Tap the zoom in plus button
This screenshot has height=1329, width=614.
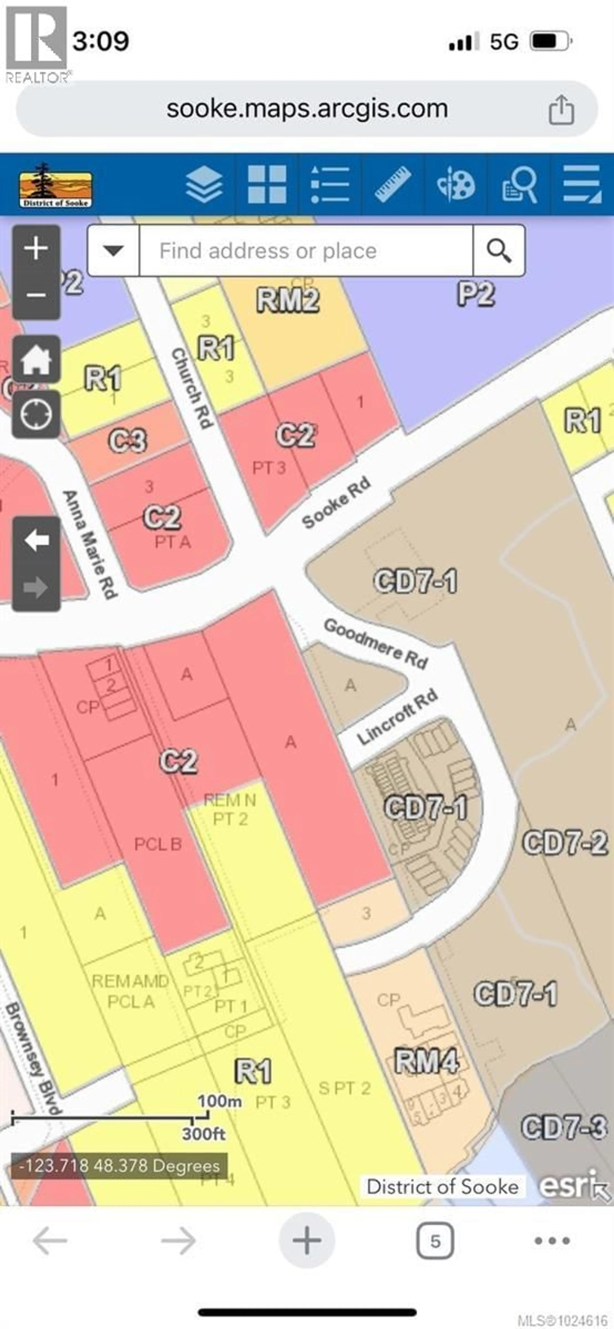(x=36, y=249)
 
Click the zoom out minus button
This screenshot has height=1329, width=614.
(x=36, y=295)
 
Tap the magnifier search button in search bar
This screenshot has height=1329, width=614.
(x=498, y=251)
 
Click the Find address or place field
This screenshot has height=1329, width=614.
(x=306, y=251)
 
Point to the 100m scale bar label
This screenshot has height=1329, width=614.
(x=220, y=1101)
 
